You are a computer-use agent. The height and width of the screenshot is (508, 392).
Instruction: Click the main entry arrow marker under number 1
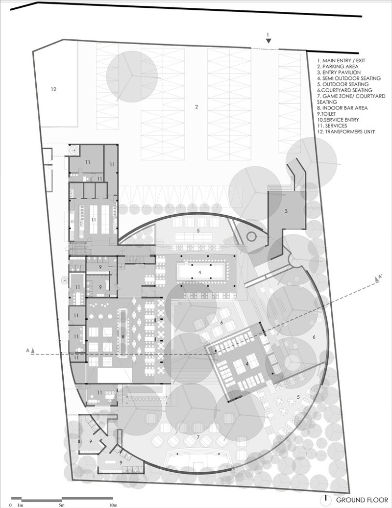click(268, 41)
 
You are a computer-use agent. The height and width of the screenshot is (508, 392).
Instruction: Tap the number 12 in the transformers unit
click(54, 89)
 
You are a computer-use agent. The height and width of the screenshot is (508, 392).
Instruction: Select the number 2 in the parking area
click(196, 106)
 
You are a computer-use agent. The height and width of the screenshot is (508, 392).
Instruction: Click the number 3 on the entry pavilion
click(286, 211)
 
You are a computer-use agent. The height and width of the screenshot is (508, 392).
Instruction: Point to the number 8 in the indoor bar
click(123, 336)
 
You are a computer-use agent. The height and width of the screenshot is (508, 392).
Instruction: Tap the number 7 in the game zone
click(198, 438)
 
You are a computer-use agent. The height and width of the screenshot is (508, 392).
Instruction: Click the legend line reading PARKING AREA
click(338, 66)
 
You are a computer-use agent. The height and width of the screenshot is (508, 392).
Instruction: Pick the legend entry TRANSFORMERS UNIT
click(346, 131)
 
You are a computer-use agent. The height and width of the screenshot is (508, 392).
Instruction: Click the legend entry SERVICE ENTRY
click(338, 120)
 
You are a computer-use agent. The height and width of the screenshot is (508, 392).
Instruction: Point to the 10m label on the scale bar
click(113, 505)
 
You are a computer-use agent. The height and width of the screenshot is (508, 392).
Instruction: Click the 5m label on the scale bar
click(62, 505)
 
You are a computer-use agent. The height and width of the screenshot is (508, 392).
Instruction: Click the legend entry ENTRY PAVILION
click(339, 72)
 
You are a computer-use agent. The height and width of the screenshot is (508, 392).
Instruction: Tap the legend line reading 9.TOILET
click(326, 114)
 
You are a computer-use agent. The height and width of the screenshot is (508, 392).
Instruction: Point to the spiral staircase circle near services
click(74, 150)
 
